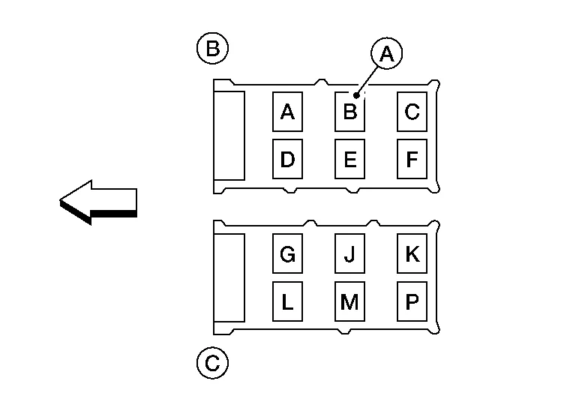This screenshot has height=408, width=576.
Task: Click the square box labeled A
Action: tap(287, 112)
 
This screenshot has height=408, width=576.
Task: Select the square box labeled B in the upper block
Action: tap(349, 112)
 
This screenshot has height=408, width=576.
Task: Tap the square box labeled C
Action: tap(412, 112)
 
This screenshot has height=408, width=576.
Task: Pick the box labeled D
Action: tap(287, 159)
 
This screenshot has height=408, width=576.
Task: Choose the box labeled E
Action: tap(349, 159)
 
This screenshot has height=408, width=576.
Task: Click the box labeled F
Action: tap(412, 159)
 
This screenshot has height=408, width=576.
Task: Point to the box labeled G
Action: tap(287, 255)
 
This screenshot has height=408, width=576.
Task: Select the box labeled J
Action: tap(349, 255)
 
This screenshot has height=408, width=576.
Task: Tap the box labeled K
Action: tap(412, 255)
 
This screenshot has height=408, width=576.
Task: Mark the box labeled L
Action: tap(287, 301)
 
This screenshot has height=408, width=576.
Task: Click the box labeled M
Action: tap(349, 301)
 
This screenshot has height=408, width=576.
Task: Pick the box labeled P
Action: tap(412, 301)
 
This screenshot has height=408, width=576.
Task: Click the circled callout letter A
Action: tap(386, 54)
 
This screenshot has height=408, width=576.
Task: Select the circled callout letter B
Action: tap(212, 49)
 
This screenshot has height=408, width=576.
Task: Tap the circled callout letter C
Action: tap(212, 364)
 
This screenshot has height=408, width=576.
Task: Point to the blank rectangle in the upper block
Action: tap(229, 136)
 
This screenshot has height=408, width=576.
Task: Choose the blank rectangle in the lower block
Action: tap(229, 277)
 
